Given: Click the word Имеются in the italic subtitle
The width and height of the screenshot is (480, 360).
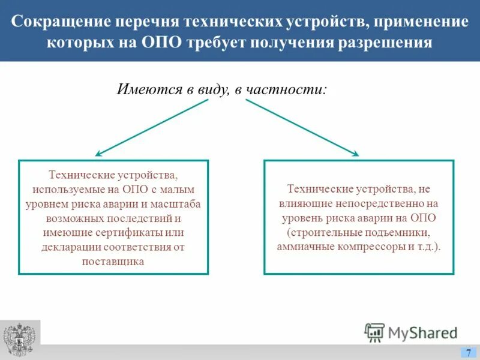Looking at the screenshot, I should click(x=149, y=90).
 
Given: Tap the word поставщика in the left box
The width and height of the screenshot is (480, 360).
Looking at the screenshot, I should click(x=114, y=262).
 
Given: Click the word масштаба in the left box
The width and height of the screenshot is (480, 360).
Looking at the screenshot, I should click(x=180, y=204).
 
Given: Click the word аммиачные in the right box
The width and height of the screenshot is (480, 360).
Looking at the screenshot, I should click(x=303, y=247).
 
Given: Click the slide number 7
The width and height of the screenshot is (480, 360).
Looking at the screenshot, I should click(x=469, y=353).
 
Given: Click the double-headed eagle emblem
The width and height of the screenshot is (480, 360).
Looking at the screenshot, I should click(x=20, y=340).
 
